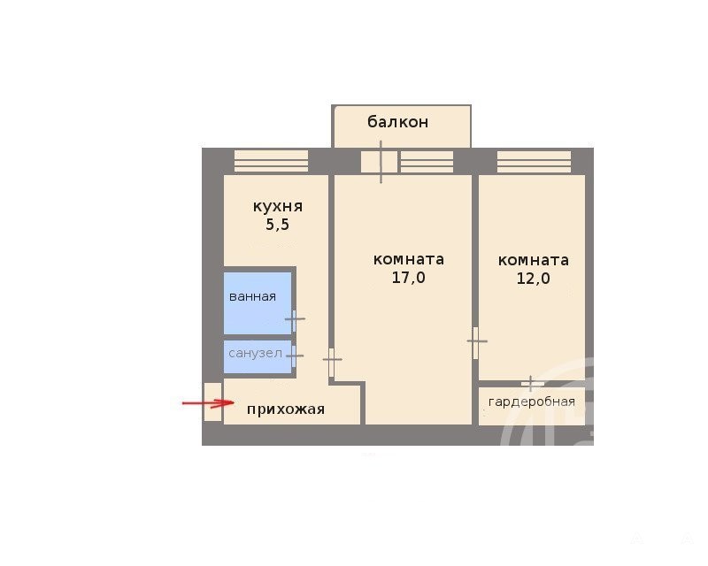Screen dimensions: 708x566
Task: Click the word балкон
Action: pos(397,122)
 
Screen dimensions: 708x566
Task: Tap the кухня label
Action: pos(278,206)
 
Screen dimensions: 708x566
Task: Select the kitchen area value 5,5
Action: pos(277,225)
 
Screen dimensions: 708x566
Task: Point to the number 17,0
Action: pos(408,277)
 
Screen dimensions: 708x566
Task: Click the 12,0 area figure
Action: pos(534,278)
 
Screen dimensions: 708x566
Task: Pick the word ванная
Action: pos(252,296)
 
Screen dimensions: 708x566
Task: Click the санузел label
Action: pos(255,353)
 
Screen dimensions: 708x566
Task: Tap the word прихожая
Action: pos(286,409)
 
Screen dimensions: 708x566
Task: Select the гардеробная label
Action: pos(532,402)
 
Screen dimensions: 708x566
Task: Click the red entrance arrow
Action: pos(208,402)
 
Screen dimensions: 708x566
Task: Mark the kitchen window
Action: pos(271,161)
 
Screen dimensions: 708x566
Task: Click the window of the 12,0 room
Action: pos(535,162)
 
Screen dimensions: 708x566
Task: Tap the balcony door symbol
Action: pos(381,162)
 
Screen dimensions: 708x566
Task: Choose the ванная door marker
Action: pos(295,319)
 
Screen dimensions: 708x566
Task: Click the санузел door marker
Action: pos(295,356)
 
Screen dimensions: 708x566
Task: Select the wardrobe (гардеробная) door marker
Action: pos(531,384)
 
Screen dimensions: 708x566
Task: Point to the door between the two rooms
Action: pos(476,341)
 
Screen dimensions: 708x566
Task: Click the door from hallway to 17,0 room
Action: pos(333,360)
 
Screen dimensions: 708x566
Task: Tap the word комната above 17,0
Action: pos(409,259)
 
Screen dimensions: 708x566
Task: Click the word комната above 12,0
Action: pos(534,260)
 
